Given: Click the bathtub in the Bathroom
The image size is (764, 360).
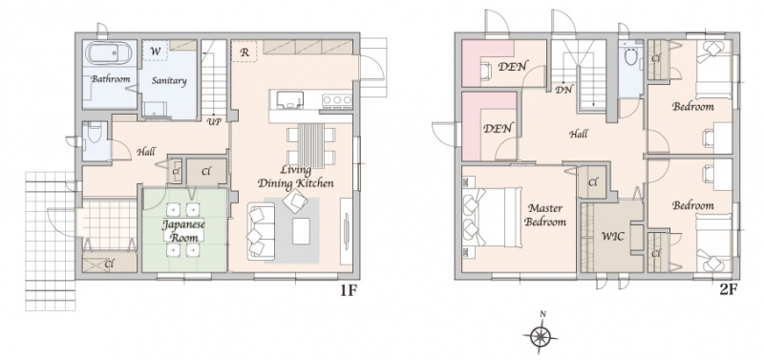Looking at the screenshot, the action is pyautogui.click(x=109, y=53).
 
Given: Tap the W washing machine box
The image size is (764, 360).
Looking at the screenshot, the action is pyautogui.click(x=156, y=51).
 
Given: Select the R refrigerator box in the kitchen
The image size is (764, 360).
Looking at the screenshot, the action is pyautogui.click(x=244, y=53).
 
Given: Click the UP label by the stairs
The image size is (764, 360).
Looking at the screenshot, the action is pyautogui.click(x=214, y=121).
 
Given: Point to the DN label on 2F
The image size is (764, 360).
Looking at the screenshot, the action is pyautogui.click(x=564, y=90).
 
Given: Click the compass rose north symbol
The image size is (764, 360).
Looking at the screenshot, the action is pyautogui.click(x=541, y=334).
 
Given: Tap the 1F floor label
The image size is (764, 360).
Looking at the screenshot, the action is pyautogui.click(x=349, y=291).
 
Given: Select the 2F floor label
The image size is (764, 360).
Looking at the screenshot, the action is pyautogui.click(x=729, y=290).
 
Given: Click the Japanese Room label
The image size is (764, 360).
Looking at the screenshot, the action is pyautogui.click(x=183, y=231).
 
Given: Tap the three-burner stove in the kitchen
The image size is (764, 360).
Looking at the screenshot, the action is pyautogui.click(x=337, y=100).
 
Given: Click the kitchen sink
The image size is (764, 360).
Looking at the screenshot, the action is pyautogui.click(x=290, y=100).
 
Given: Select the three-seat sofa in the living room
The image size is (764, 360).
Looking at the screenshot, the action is pyautogui.click(x=262, y=231).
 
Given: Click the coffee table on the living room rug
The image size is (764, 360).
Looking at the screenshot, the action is pyautogui.click(x=301, y=231).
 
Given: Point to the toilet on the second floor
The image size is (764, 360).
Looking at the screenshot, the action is pyautogui.click(x=630, y=55).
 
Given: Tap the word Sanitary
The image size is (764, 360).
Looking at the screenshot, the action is pyautogui.click(x=169, y=81).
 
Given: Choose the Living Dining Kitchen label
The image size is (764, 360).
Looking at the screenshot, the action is pyautogui.click(x=296, y=177).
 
